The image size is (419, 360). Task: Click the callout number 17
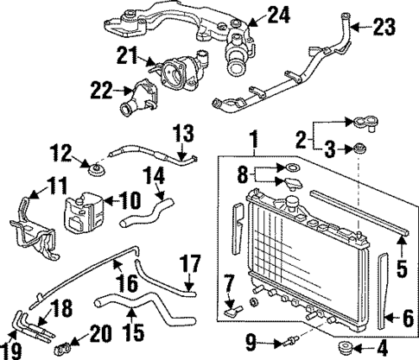pos(189,262)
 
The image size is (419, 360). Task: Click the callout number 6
pos(404,318)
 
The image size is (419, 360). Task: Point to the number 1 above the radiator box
pos(254,137)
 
